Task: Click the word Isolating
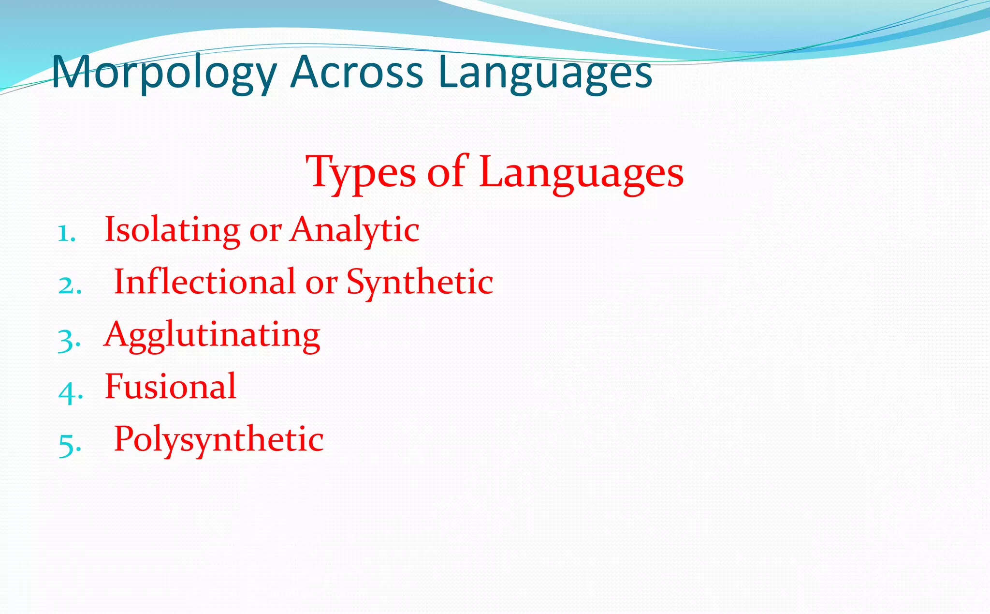coord(173,229)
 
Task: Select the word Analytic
coord(354,230)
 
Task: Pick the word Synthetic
coord(420,283)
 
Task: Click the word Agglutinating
coord(212,335)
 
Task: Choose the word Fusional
coord(171,387)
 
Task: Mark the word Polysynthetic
coord(218,440)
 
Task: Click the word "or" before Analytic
coord(265,231)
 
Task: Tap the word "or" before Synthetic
coord(321,284)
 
